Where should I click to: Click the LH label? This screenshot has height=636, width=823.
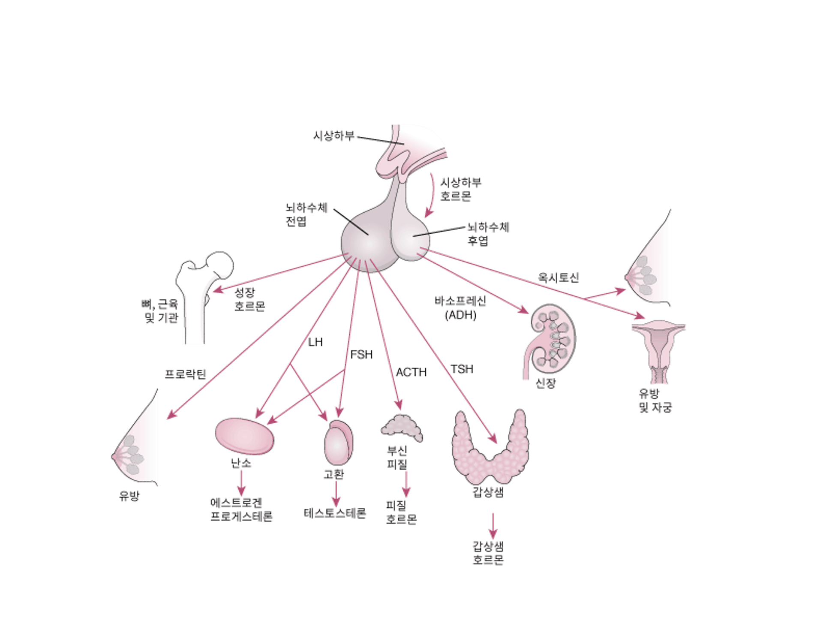click(x=316, y=342)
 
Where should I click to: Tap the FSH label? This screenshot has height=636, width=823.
click(x=361, y=355)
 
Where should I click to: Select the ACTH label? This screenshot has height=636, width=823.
click(x=412, y=371)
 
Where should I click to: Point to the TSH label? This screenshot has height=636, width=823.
click(x=462, y=369)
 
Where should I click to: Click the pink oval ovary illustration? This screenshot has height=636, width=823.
click(x=244, y=436)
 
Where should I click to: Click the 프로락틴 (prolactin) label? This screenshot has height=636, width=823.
click(x=185, y=374)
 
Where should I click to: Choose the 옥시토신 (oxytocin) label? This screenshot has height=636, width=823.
click(x=559, y=278)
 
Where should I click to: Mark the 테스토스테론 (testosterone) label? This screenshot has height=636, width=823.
click(x=335, y=512)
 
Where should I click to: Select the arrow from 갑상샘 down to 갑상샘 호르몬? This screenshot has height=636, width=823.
click(x=493, y=525)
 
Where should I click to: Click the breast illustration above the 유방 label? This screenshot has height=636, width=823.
click(x=137, y=446)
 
